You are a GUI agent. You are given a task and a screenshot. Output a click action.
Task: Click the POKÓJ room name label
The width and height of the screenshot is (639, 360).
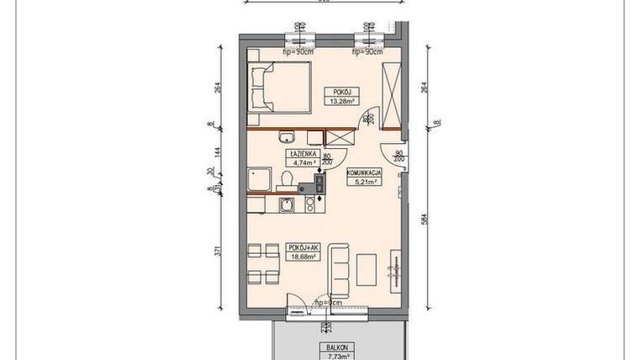[341, 93]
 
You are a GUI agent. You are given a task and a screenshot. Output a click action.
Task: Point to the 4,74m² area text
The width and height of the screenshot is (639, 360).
[302, 164]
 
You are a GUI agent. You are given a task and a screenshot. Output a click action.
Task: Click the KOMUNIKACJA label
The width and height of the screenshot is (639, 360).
[365, 172]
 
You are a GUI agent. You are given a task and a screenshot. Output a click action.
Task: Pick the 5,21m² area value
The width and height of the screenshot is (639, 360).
[365, 181]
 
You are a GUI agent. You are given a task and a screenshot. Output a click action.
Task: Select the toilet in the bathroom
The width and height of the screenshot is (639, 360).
[288, 179]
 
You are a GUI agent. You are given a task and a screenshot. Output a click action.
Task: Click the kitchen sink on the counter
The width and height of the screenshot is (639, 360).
[288, 206]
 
